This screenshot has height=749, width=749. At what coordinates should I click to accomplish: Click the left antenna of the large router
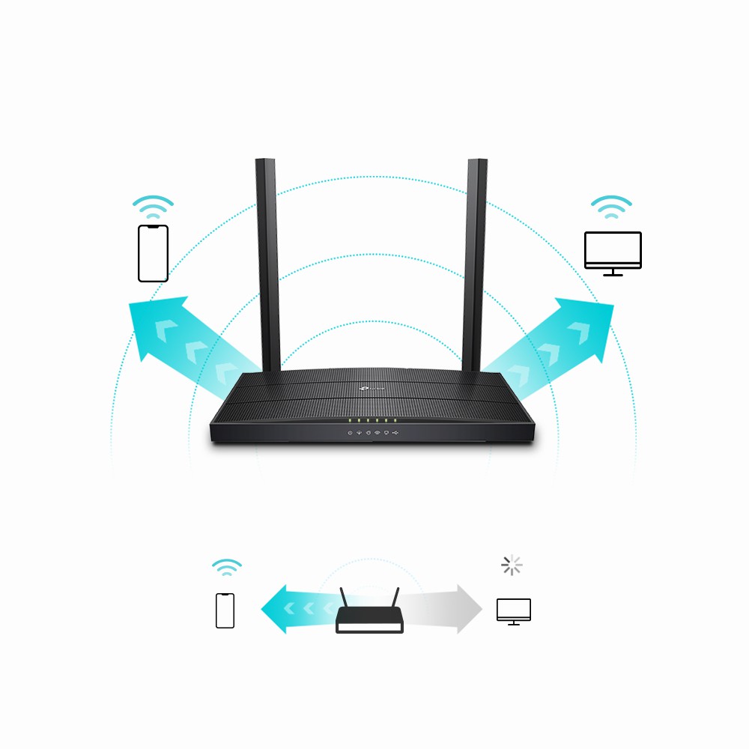[267, 262]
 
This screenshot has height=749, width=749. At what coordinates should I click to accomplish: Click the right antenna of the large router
[474, 262]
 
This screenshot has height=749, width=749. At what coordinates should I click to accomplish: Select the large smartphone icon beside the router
[153, 253]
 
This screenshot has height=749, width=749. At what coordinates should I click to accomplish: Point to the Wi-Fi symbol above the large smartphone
[153, 206]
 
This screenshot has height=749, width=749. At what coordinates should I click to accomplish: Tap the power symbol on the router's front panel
[349, 433]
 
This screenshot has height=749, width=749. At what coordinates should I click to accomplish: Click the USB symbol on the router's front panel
[395, 433]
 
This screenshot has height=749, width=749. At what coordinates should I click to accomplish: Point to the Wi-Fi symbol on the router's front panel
[377, 433]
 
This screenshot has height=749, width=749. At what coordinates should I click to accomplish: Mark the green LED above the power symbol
[349, 422]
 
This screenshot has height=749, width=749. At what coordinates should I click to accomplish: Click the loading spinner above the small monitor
[512, 565]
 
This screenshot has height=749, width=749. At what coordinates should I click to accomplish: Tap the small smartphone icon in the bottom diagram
[225, 610]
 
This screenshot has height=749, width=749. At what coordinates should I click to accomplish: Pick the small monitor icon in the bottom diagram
[513, 611]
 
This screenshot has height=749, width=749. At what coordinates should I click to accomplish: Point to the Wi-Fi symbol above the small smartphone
[226, 567]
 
